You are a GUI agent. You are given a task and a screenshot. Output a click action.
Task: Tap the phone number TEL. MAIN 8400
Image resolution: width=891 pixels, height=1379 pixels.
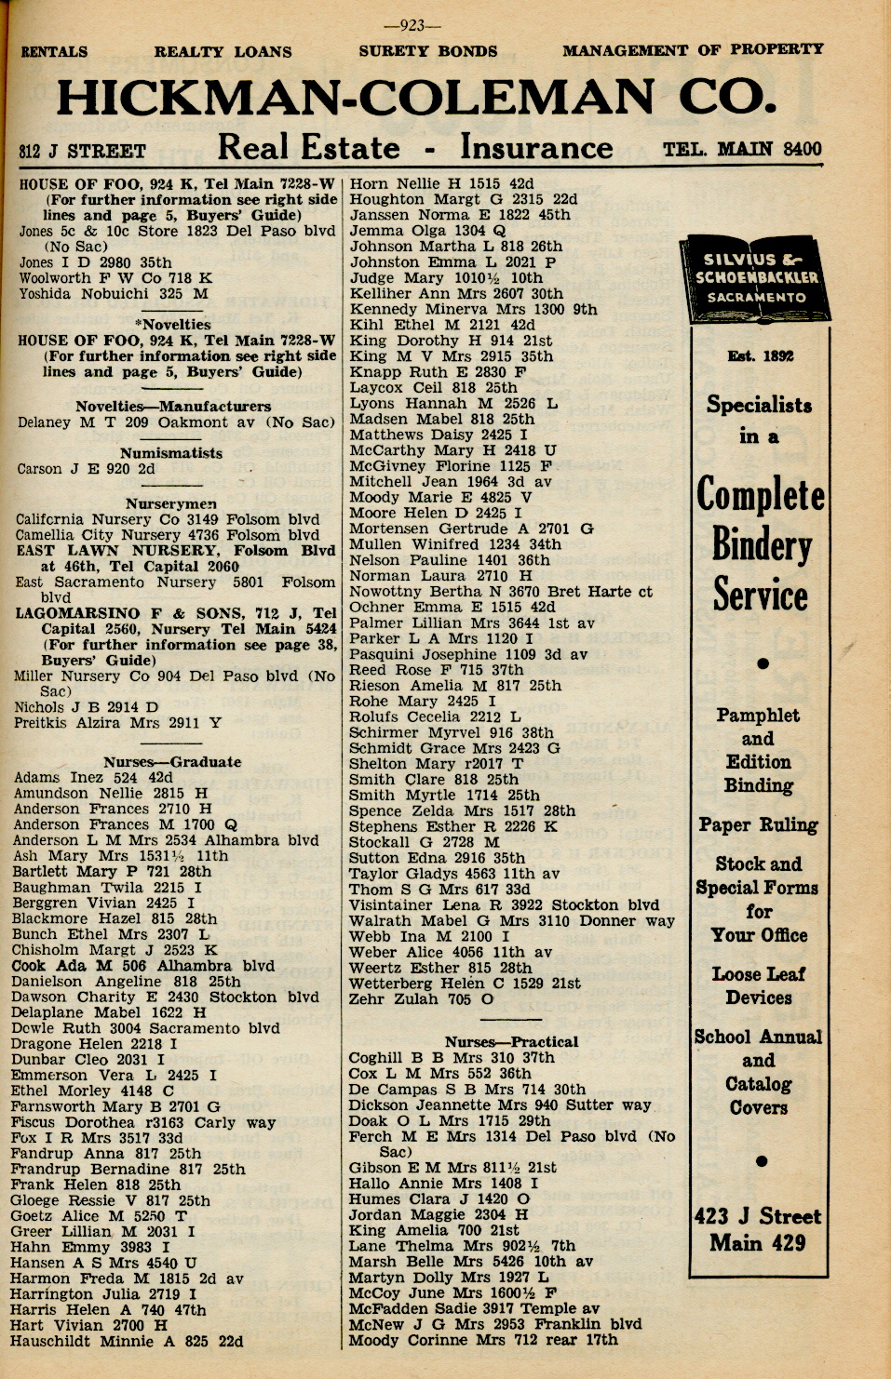(742, 149)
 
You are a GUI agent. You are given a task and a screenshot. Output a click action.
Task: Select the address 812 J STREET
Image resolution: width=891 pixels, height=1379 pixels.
(83, 151)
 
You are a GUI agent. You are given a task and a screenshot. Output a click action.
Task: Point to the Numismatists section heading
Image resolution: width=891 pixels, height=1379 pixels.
(170, 453)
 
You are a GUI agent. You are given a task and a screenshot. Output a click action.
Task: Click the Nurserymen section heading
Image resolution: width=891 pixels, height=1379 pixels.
(170, 503)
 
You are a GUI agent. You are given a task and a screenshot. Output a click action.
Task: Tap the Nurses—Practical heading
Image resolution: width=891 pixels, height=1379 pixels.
(510, 1042)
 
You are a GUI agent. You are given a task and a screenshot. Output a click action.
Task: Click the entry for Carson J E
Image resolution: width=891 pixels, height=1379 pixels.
(86, 469)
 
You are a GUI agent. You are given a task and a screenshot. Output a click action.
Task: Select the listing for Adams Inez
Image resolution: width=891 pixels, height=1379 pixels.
(93, 778)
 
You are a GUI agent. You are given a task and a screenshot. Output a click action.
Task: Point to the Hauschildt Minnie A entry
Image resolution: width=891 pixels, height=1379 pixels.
(127, 1342)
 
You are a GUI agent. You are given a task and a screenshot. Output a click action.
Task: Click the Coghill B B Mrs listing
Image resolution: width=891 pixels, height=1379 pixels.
(451, 1058)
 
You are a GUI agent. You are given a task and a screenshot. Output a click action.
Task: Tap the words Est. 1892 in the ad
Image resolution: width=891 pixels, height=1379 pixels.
(759, 356)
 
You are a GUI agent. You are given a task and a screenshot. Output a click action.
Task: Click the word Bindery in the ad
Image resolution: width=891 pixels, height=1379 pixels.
(762, 543)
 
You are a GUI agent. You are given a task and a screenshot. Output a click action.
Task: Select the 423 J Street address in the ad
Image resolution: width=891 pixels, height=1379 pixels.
(757, 1217)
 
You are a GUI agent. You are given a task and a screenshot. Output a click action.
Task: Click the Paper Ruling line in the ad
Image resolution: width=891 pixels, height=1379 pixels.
(758, 825)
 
